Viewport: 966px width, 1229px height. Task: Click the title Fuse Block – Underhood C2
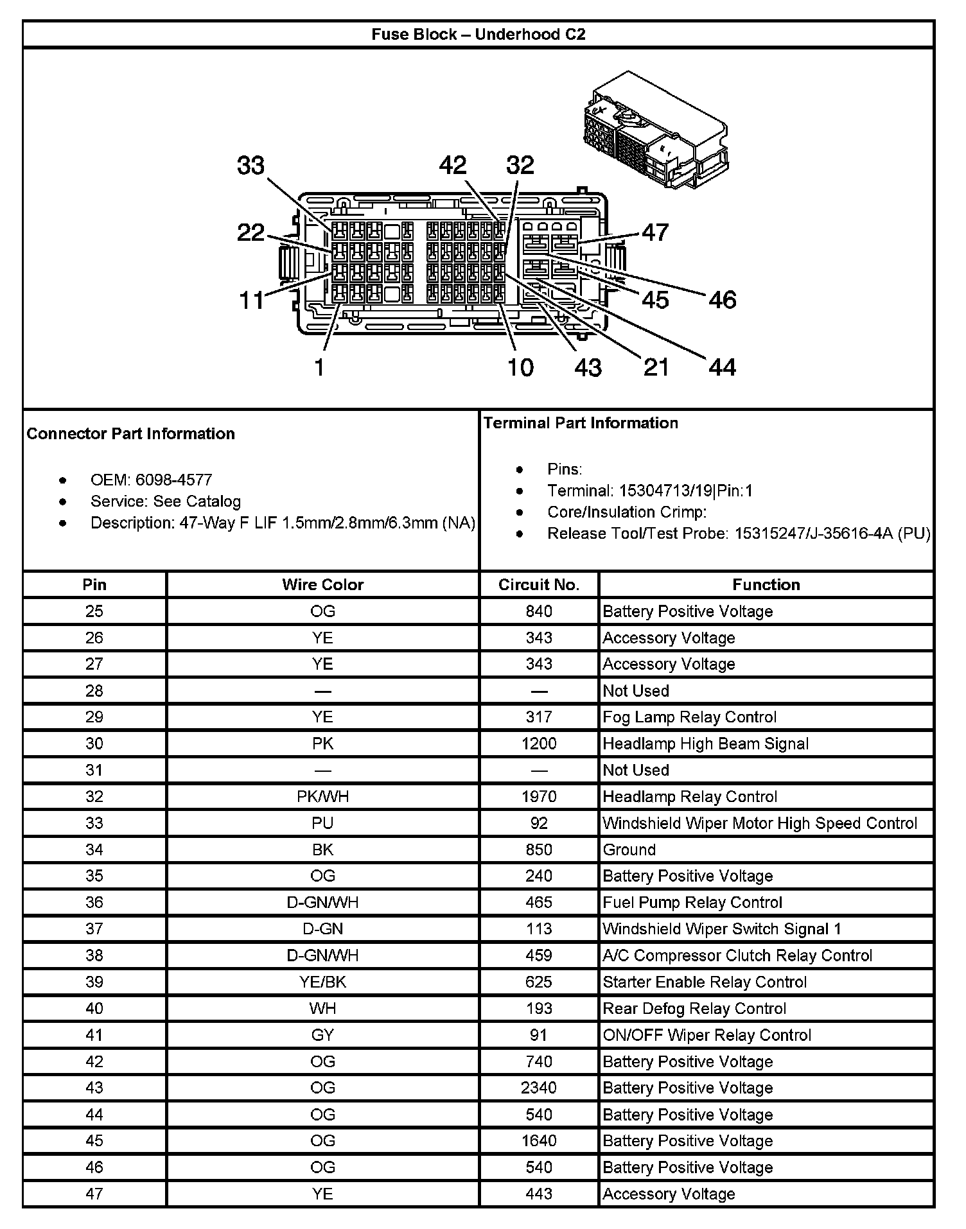coord(479,34)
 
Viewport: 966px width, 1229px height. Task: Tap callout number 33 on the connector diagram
coord(250,166)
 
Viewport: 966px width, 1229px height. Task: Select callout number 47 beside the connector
coord(654,232)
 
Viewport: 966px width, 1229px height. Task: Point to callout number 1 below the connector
coord(319,367)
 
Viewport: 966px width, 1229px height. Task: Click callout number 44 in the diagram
coord(722,367)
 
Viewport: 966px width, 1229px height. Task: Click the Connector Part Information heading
coord(131,433)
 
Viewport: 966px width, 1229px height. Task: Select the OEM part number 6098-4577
coord(173,480)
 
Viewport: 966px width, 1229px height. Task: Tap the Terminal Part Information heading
coord(581,423)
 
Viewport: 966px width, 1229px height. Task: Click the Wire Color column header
coord(322,584)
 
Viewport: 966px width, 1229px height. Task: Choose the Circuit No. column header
coord(539,584)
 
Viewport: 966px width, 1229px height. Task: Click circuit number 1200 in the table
coord(539,744)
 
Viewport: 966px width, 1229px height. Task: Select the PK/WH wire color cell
coord(322,796)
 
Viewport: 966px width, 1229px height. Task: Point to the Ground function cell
coord(629,850)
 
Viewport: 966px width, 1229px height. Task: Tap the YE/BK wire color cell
coord(322,982)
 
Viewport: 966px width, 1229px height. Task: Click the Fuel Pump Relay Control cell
coord(692,902)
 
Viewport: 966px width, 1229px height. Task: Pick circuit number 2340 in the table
coord(539,1088)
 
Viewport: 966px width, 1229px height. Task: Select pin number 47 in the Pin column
coord(94,1194)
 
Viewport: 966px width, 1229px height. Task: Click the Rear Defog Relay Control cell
coord(694,1008)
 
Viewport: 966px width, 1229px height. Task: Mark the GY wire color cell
coord(322,1034)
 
